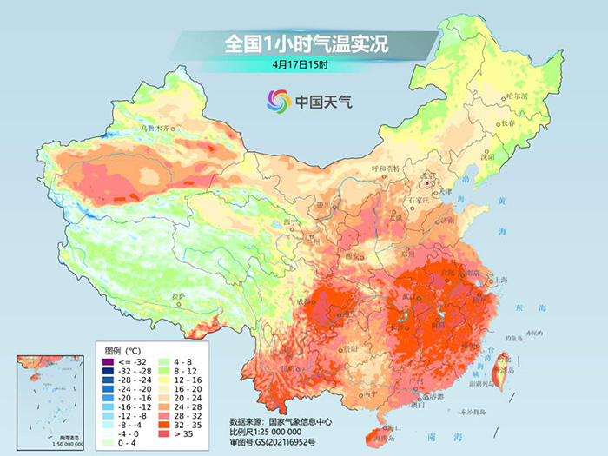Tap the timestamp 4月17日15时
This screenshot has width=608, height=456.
(x=299, y=64)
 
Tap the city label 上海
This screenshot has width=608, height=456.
(x=499, y=280)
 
